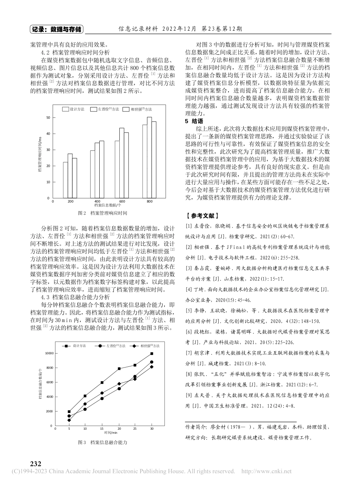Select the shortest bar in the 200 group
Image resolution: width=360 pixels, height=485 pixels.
[66, 180]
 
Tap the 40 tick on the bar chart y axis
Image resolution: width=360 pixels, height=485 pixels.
[48, 133]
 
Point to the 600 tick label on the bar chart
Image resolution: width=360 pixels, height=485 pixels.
[122, 201]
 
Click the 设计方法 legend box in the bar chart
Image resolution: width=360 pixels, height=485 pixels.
[66, 109]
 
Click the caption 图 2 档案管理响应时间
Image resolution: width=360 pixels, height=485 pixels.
[102, 213]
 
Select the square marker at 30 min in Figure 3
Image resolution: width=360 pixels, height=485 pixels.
[152, 354]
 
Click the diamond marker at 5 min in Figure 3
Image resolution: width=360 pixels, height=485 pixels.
[69, 420]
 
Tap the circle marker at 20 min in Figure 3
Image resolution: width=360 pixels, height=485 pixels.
[119, 389]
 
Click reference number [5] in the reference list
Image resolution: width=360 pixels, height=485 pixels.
[188, 310]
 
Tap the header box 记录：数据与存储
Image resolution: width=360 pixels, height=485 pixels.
[56, 29]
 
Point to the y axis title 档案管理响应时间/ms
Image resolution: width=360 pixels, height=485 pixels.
[39, 155]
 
